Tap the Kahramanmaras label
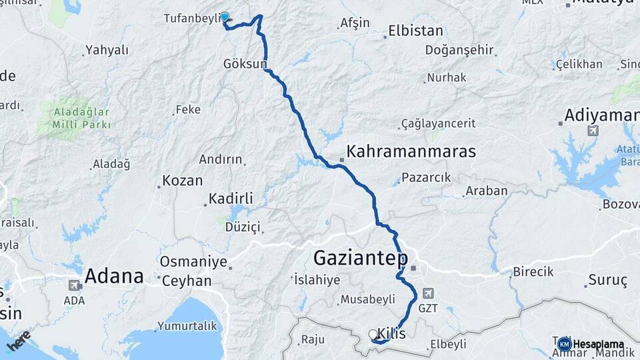411,151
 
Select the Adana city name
114,276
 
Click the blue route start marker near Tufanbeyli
225,17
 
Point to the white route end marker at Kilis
373,334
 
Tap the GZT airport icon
427,293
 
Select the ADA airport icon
75,285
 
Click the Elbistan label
416,31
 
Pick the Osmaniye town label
193,262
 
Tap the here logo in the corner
18,340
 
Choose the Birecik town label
533,272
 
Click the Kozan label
182,181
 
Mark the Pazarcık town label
429,177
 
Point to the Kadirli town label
231,199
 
